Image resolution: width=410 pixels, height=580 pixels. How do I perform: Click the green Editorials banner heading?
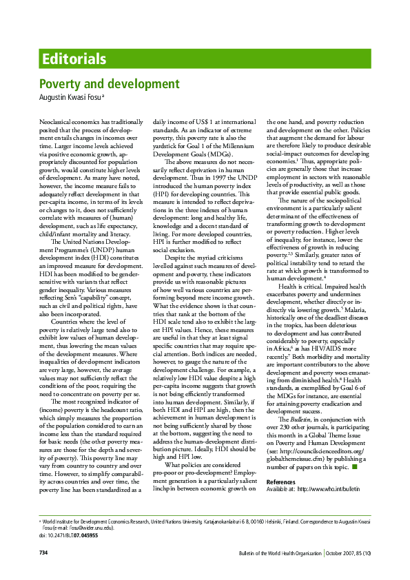tap(74, 59)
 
